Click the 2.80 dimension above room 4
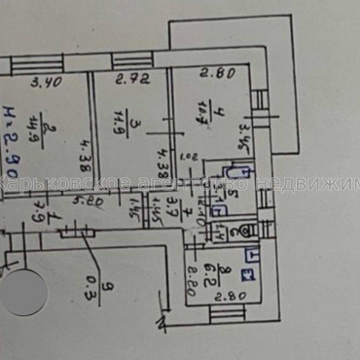click(x=213, y=71)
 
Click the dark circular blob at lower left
click(x=23, y=292)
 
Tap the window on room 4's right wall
click(x=260, y=100)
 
